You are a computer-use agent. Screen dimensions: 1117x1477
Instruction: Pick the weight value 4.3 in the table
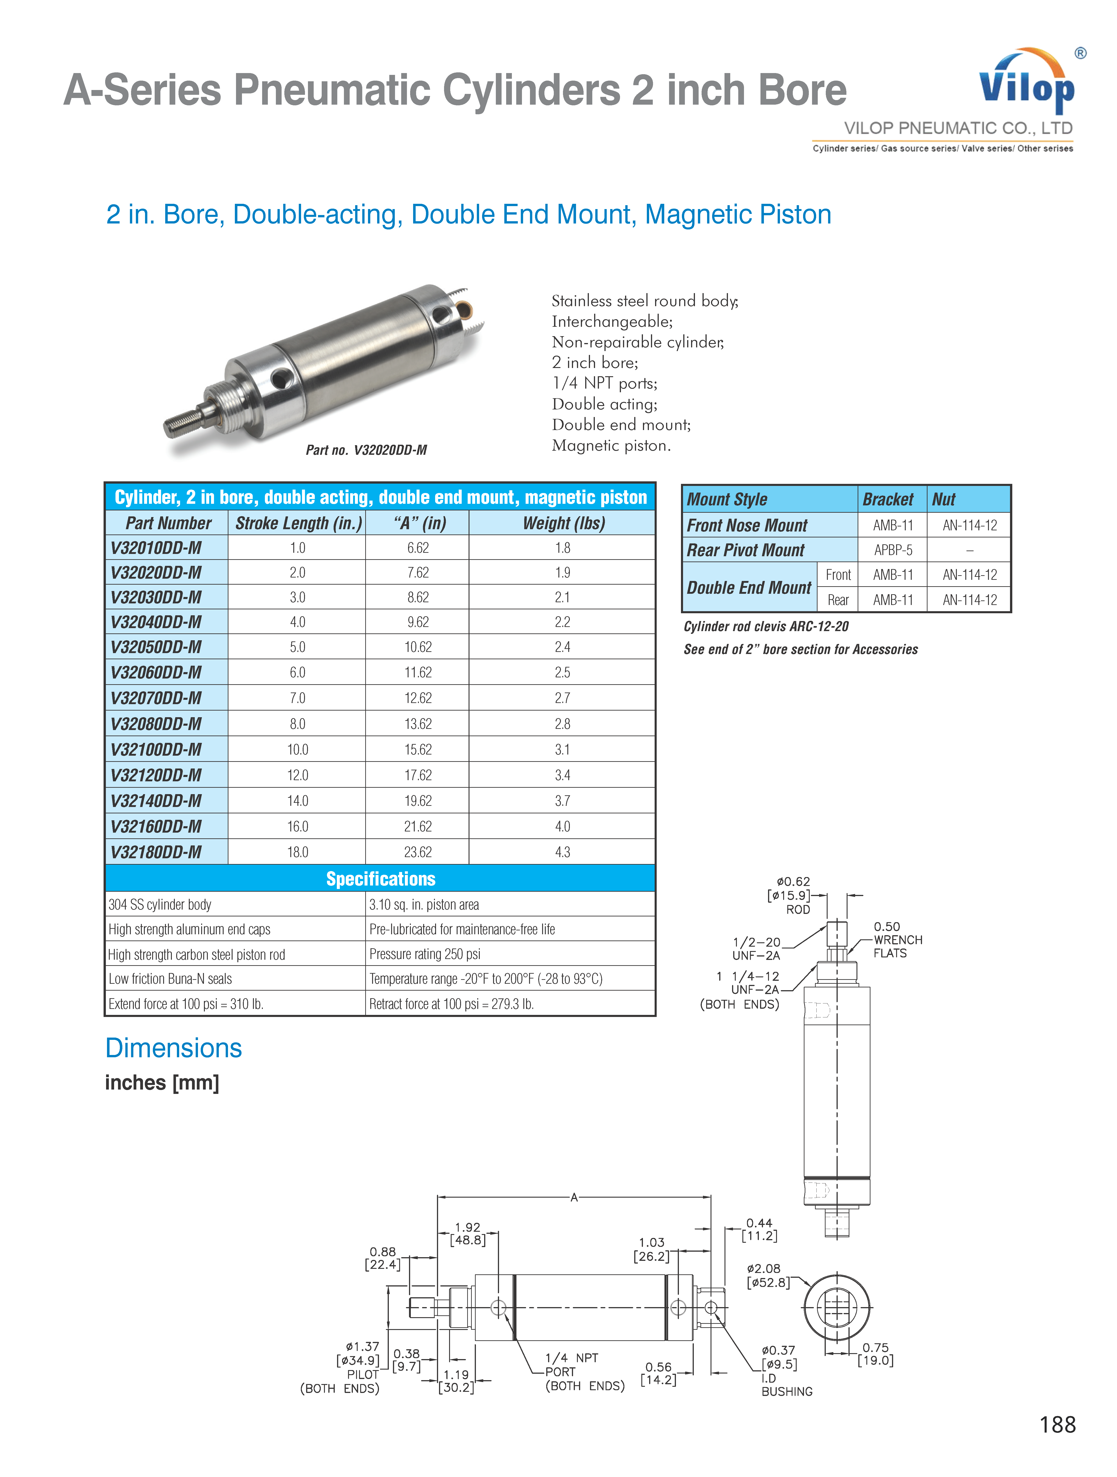tap(563, 852)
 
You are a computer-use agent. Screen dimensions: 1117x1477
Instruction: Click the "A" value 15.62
tap(418, 749)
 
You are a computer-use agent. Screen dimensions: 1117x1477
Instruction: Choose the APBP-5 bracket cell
tap(893, 550)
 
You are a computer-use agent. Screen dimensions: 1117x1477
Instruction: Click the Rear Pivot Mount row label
tap(746, 550)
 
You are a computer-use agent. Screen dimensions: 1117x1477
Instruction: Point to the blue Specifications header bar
tap(380, 878)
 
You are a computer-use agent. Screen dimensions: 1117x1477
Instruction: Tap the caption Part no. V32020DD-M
tap(366, 450)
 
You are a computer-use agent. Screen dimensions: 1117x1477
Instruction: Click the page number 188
tap(1058, 1424)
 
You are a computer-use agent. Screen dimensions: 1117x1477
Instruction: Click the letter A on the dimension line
tap(574, 1197)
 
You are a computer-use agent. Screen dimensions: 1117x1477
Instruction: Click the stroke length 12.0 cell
tap(298, 775)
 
